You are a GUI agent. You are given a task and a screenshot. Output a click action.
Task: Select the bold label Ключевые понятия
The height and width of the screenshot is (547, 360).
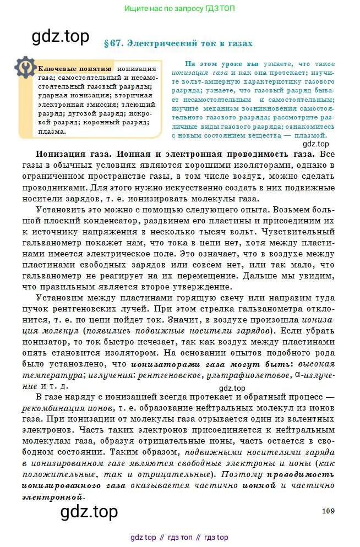[x=74, y=69]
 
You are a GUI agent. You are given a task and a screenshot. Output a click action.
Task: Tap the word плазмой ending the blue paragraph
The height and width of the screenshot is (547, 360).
[x=310, y=134]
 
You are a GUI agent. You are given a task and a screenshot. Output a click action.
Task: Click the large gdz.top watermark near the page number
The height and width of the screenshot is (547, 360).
[x=89, y=511]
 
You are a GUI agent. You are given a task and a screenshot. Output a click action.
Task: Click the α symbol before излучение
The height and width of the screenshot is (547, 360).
[x=297, y=374]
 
